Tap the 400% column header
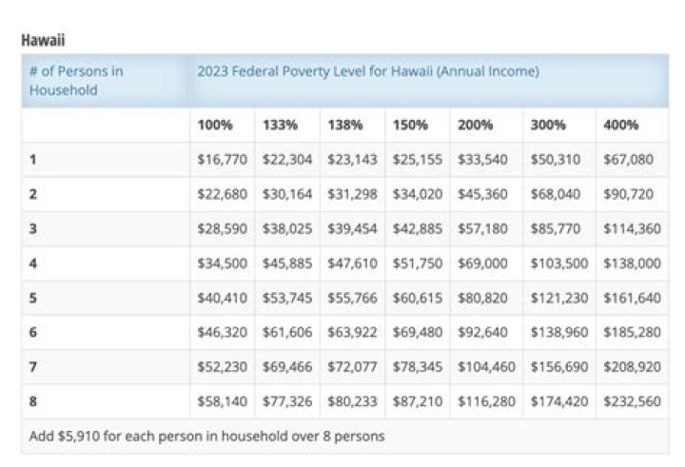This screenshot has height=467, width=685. pyautogui.click(x=620, y=125)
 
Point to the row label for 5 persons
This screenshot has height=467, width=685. pyautogui.click(x=33, y=298)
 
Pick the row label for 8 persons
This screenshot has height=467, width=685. pyautogui.click(x=33, y=401)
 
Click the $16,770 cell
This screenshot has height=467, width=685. pyautogui.click(x=222, y=160)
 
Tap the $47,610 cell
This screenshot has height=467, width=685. pyautogui.click(x=352, y=263)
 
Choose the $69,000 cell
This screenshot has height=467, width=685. pyautogui.click(x=483, y=263)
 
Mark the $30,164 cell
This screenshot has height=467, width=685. pyautogui.click(x=286, y=194)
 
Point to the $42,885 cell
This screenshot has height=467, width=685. pyautogui.click(x=417, y=229)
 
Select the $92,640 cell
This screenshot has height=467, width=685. pyautogui.click(x=483, y=333)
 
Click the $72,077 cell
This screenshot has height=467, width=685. pyautogui.click(x=352, y=367)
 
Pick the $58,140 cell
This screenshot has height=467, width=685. pyautogui.click(x=222, y=401)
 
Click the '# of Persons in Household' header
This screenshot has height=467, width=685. pyautogui.click(x=76, y=81)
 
